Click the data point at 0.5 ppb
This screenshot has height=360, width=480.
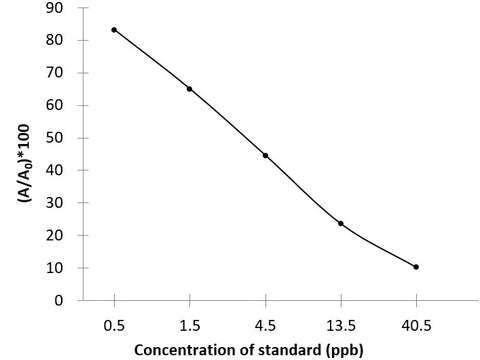(x=114, y=30)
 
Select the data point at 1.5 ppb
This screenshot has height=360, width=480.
(x=189, y=89)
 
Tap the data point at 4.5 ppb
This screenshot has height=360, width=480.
(x=265, y=155)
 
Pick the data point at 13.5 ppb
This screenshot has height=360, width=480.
(x=341, y=223)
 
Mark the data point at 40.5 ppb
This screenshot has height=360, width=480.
(x=416, y=267)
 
